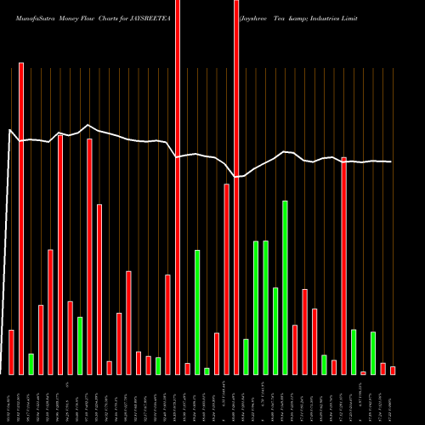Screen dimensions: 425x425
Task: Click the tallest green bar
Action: (x=285, y=287)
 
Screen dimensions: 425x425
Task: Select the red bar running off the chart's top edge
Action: (x=178, y=187)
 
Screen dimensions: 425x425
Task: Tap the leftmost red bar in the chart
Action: (x=12, y=352)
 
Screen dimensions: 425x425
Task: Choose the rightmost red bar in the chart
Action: (x=393, y=370)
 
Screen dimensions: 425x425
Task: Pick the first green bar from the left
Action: (x=31, y=364)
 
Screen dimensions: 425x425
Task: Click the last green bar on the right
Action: (x=373, y=353)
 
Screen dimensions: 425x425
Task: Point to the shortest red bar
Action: (x=363, y=372)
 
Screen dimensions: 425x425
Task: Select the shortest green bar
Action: (x=207, y=371)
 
